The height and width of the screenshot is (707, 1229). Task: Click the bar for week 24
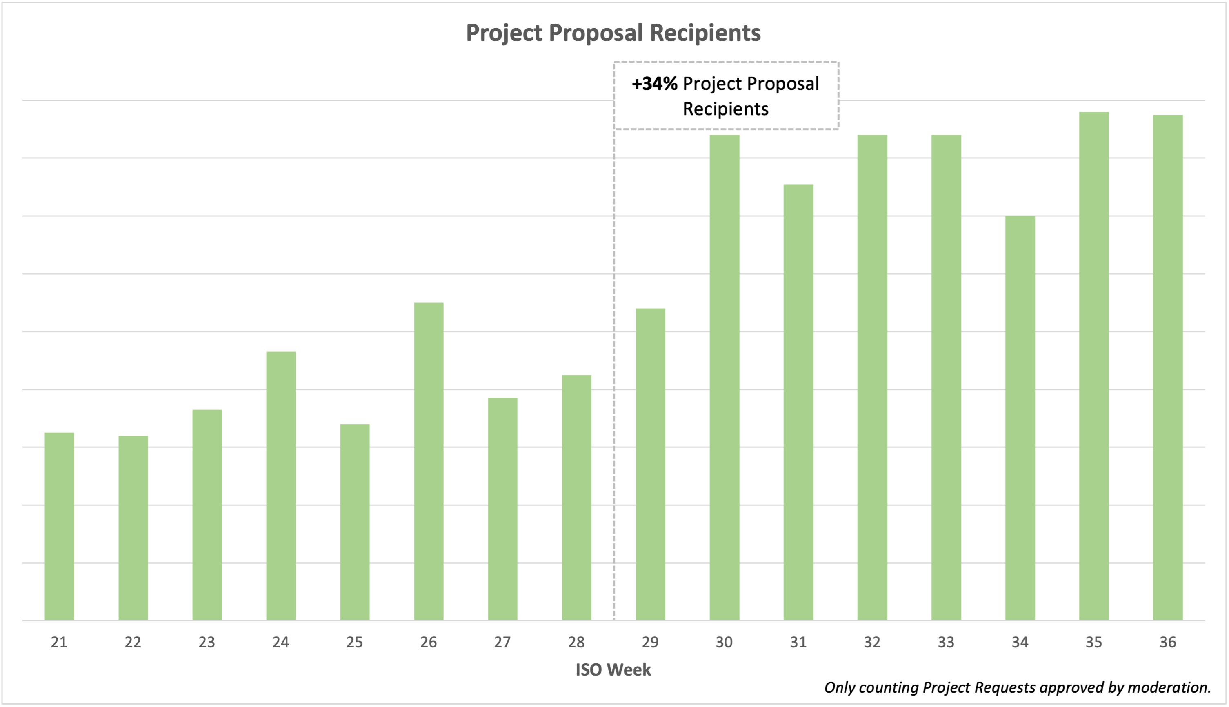pyautogui.click(x=281, y=486)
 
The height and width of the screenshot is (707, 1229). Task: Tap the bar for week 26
pyautogui.click(x=429, y=461)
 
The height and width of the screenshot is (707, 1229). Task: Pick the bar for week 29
pyautogui.click(x=650, y=464)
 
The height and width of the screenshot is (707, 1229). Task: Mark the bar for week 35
pyautogui.click(x=1094, y=366)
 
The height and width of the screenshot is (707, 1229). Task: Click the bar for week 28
pyautogui.click(x=577, y=497)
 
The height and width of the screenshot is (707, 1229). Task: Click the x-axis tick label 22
pyautogui.click(x=133, y=643)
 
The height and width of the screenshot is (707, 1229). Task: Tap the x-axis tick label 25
pyautogui.click(x=355, y=643)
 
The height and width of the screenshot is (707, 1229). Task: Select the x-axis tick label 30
pyautogui.click(x=724, y=643)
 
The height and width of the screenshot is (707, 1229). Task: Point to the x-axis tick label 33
pyautogui.click(x=946, y=643)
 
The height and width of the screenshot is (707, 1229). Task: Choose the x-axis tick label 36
pyautogui.click(x=1168, y=643)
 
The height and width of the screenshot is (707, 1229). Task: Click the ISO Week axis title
pyautogui.click(x=613, y=669)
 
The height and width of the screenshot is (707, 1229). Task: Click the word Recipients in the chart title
pyautogui.click(x=705, y=33)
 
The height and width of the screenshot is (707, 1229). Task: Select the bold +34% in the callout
pyautogui.click(x=654, y=84)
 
